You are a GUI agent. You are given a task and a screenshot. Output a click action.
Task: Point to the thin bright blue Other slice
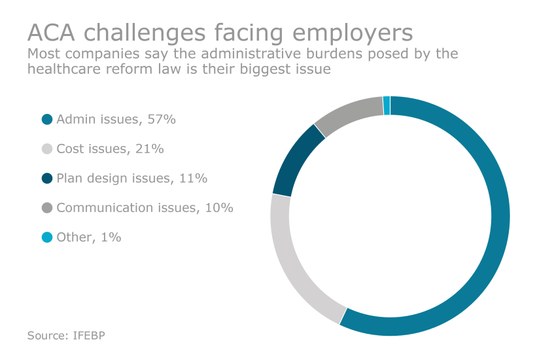(x=387, y=105)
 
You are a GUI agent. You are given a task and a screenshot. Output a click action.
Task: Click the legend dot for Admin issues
(x=46, y=119)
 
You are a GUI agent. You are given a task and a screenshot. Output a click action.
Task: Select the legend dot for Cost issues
(x=46, y=149)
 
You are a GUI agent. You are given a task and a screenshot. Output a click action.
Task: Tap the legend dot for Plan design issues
(x=46, y=178)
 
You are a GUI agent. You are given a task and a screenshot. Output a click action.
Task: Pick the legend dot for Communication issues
(x=46, y=207)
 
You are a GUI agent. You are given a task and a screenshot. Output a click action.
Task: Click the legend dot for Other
(x=46, y=237)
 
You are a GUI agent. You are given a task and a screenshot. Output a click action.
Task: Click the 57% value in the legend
(x=162, y=119)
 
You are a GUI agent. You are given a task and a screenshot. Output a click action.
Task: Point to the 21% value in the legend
(x=150, y=149)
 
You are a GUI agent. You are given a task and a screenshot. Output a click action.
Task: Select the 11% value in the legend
(x=194, y=178)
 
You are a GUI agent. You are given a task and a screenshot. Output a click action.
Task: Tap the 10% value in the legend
(x=219, y=207)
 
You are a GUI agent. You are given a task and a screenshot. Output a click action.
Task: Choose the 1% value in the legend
(x=111, y=237)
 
